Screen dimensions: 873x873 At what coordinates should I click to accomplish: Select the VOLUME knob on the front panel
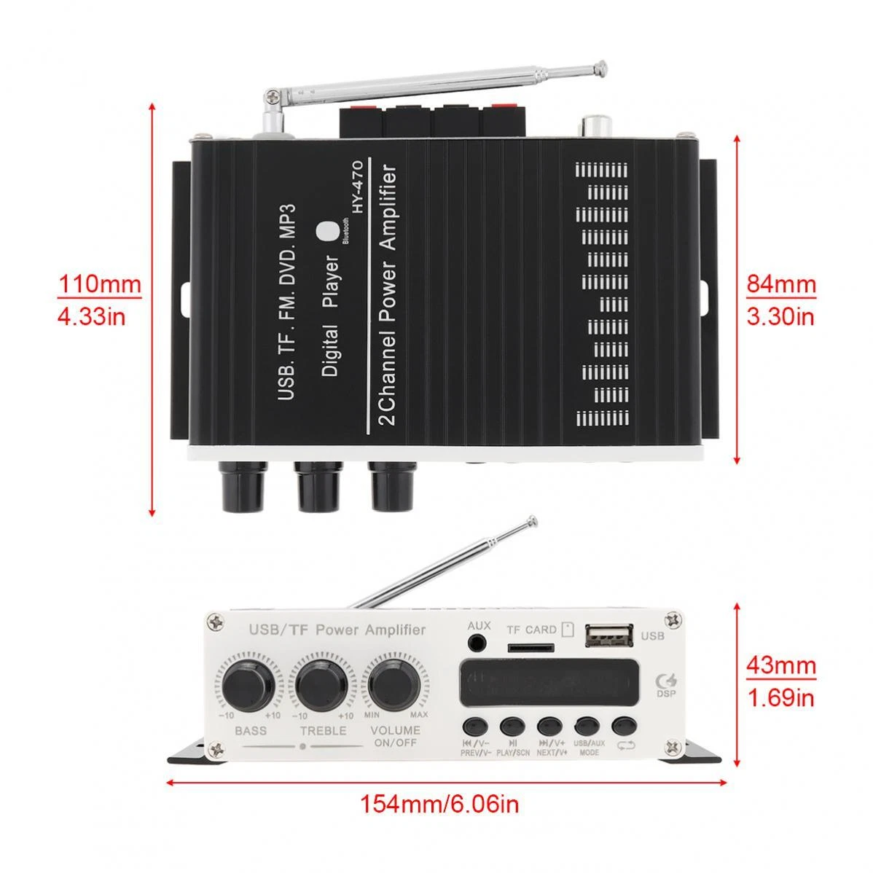point(392,684)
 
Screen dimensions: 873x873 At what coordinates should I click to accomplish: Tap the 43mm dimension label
point(780,666)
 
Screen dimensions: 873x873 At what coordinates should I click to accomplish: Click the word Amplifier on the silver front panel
point(392,630)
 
